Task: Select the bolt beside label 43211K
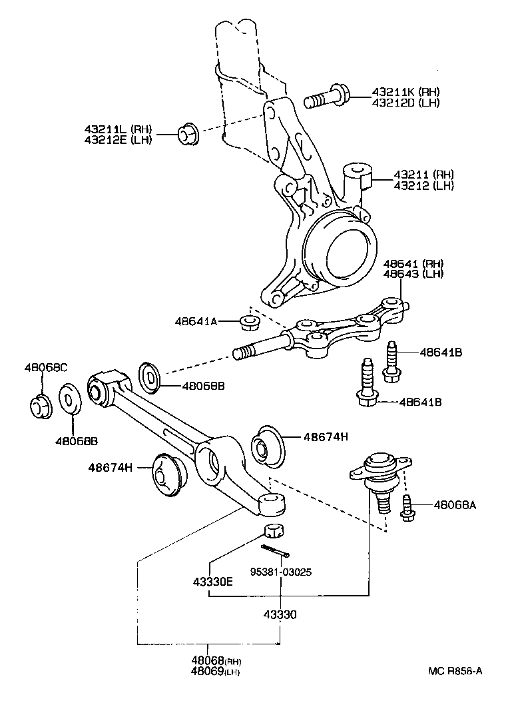click(326, 99)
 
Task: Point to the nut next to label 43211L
click(187, 133)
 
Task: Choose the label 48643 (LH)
click(413, 274)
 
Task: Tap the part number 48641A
click(196, 321)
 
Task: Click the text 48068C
click(47, 367)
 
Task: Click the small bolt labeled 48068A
click(407, 507)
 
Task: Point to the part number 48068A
click(455, 506)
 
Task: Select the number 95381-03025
click(281, 572)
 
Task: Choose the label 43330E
click(212, 581)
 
